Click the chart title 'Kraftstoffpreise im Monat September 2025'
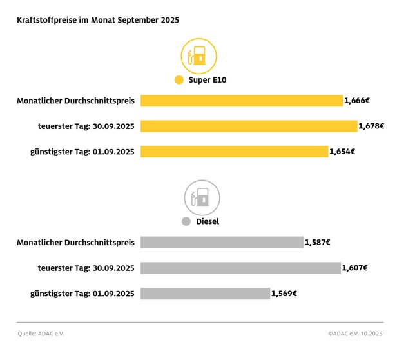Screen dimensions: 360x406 [x=98, y=20]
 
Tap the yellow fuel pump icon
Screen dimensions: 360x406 [x=198, y=55]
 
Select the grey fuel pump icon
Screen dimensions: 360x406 [x=202, y=197]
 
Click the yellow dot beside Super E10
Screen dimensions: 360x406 [x=179, y=81]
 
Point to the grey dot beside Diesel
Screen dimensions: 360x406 [x=186, y=222]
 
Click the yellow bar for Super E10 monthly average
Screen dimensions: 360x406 [x=242, y=101]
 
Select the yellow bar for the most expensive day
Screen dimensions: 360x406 [x=249, y=126]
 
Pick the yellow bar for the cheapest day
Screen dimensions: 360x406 [x=235, y=152]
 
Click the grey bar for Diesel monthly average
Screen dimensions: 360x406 [x=222, y=243]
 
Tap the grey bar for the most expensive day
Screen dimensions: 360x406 [x=240, y=268]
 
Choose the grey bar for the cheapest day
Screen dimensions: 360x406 [x=205, y=294]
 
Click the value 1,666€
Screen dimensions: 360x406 [x=357, y=101]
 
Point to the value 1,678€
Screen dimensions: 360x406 [x=371, y=126]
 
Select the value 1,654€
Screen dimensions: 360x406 [x=342, y=152]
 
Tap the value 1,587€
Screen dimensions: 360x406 [x=317, y=243]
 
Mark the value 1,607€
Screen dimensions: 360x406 [x=354, y=268]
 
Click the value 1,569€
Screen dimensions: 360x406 [x=284, y=294]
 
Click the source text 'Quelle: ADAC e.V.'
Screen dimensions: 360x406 [x=41, y=334]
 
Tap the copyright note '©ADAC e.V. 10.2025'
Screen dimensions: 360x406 [x=355, y=334]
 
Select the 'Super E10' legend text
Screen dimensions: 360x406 [x=208, y=81]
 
